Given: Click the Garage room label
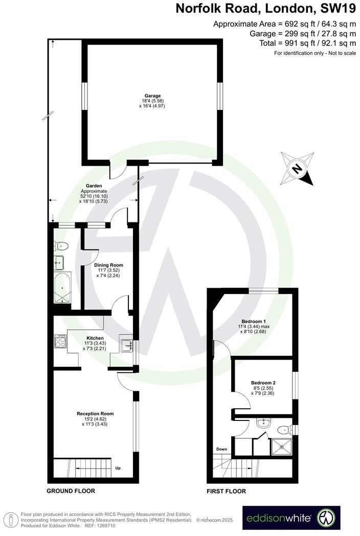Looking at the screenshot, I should pyautogui.click(x=152, y=96).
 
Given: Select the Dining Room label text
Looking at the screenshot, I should pyautogui.click(x=108, y=265).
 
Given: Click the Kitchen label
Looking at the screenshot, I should pyautogui.click(x=95, y=338).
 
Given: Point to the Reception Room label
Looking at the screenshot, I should pyautogui.click(x=95, y=413).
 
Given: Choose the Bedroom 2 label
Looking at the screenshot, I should pyautogui.click(x=263, y=383).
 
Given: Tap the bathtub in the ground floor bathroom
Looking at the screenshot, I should pyautogui.click(x=62, y=288).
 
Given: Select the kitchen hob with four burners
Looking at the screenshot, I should pyautogui.click(x=60, y=342).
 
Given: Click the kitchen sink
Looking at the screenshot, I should pyautogui.click(x=126, y=346).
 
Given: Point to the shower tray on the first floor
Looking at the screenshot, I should pyautogui.click(x=281, y=445).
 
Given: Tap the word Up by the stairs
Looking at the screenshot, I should pyautogui.click(x=118, y=467).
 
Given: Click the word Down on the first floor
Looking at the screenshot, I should pyautogui.click(x=221, y=450).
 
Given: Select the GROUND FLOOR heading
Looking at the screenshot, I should pyautogui.click(x=71, y=490).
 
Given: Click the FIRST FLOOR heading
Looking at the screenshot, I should pyautogui.click(x=227, y=491).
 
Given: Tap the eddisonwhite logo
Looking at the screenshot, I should pyautogui.click(x=291, y=518).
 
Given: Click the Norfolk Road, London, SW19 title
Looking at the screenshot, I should pyautogui.click(x=266, y=9).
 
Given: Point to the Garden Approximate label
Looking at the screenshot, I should pyautogui.click(x=94, y=186).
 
